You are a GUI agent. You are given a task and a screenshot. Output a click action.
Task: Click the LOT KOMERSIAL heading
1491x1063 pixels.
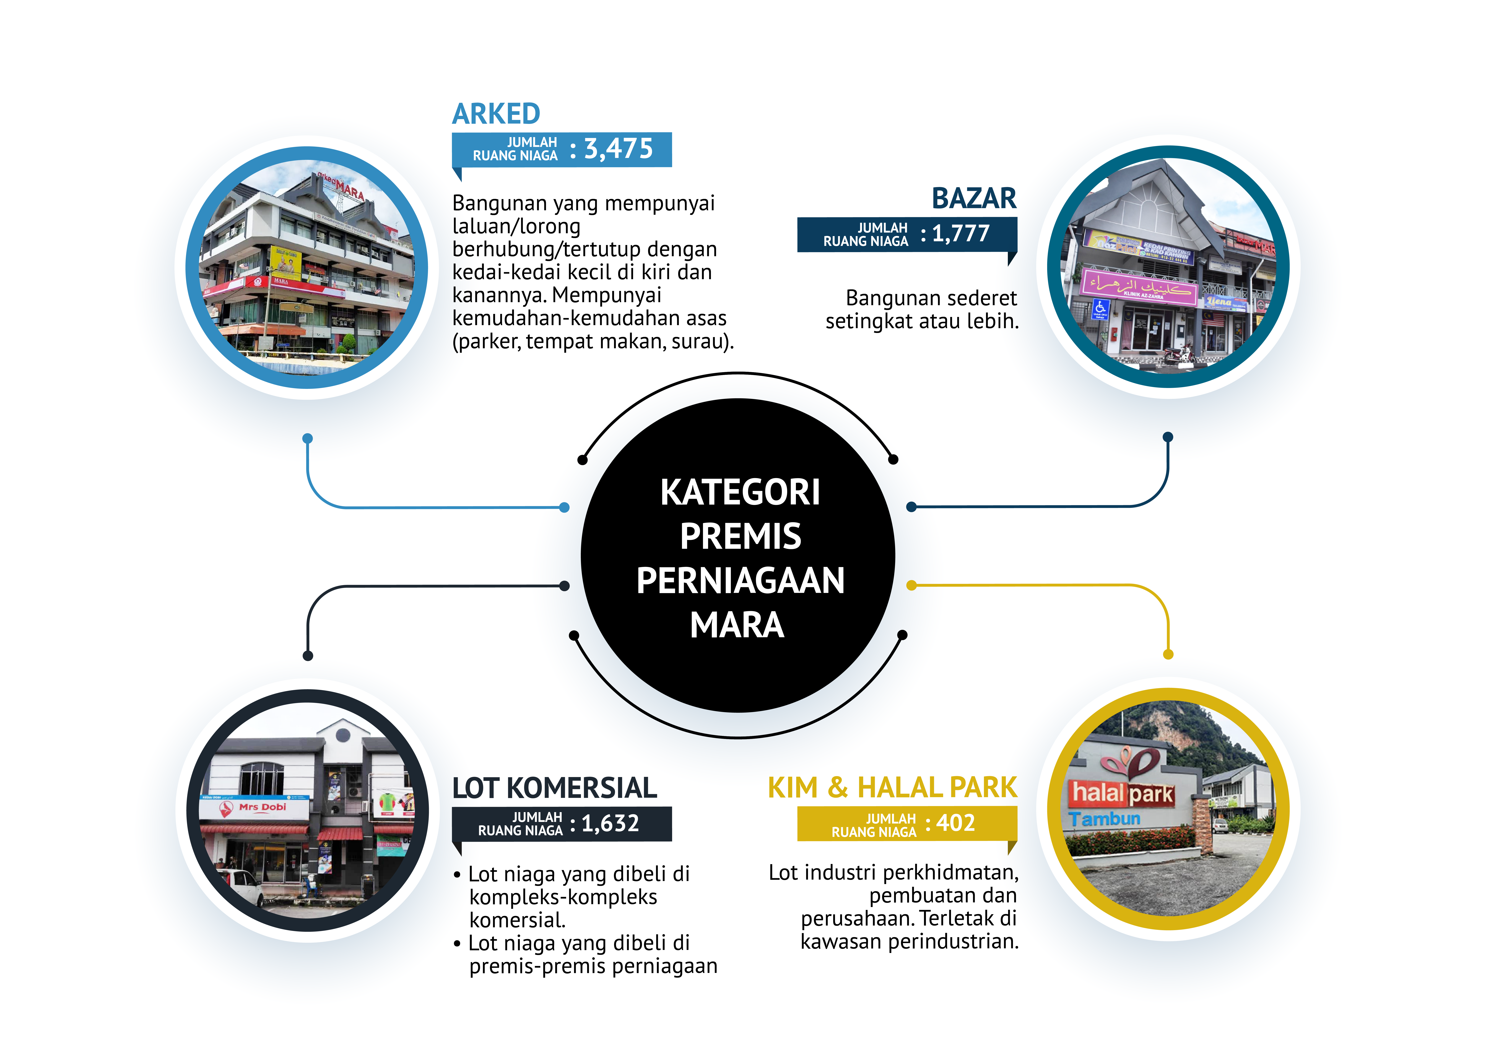[x=554, y=788]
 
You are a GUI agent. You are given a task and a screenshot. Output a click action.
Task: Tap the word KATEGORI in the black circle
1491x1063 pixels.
[x=740, y=492]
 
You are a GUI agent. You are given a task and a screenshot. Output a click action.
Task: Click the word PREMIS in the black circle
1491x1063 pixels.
[x=740, y=537]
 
